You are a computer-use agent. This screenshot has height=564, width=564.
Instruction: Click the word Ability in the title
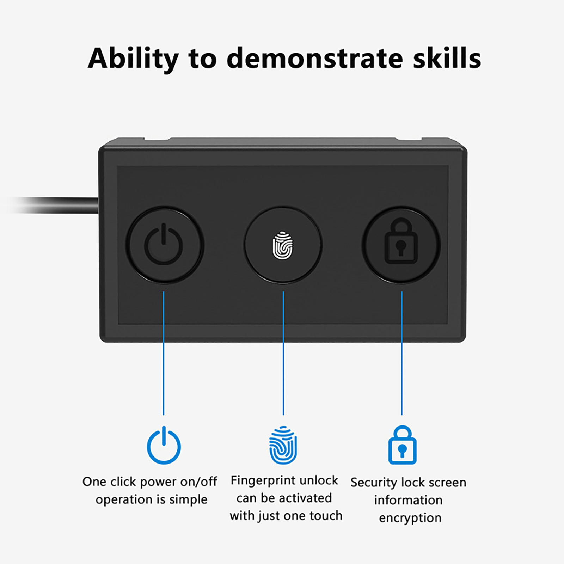[x=133, y=59]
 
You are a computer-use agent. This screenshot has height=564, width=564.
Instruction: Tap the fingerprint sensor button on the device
[x=283, y=245]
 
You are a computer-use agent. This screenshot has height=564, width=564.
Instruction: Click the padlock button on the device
[x=401, y=245]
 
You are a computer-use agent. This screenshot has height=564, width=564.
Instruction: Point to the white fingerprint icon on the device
[x=283, y=245]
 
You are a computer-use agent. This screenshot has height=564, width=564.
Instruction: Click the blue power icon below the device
[x=164, y=445]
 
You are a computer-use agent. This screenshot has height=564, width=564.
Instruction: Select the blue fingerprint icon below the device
[x=283, y=445]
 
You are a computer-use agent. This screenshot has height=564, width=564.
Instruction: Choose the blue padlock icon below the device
[x=402, y=445]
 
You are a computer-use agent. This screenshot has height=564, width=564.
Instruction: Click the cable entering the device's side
[x=53, y=205]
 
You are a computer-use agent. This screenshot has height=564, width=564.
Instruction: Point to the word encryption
[x=410, y=518]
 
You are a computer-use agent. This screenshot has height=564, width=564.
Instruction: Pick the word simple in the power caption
[x=188, y=500]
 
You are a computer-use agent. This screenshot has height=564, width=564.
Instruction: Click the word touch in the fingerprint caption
[x=326, y=516]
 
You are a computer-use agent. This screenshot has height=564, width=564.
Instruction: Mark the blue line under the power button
[x=164, y=353]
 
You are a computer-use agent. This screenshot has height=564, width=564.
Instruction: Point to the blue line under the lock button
[x=402, y=353]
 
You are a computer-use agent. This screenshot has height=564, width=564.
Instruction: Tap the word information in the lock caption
[x=408, y=500]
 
